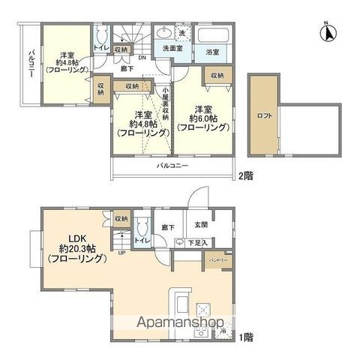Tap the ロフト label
263,117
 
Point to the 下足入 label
197,242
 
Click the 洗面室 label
170,51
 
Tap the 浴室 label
212,52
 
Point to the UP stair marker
123,253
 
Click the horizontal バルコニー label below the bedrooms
172,164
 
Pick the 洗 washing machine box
182,34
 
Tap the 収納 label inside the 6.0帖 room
217,76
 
